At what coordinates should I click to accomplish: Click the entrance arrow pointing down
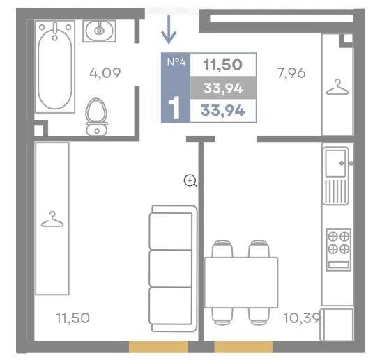click(169, 29)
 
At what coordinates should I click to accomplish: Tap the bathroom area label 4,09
click(105, 73)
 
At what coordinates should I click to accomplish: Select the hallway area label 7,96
click(291, 73)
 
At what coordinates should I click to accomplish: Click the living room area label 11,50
click(72, 318)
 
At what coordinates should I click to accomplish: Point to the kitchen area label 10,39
click(302, 318)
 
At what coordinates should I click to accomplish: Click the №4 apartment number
click(176, 62)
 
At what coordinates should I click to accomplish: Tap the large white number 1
click(174, 107)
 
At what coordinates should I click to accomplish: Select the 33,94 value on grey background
click(223, 88)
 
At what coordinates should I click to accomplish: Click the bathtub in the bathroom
click(55, 66)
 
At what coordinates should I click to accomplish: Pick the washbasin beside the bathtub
click(99, 31)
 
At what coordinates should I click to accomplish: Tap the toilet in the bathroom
click(97, 117)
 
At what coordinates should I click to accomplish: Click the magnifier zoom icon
click(190, 181)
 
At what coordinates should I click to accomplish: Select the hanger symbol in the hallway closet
click(337, 87)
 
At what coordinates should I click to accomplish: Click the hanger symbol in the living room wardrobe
click(52, 219)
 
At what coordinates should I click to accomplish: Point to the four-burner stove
click(339, 249)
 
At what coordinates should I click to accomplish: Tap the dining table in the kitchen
click(241, 282)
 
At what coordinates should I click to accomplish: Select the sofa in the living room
click(173, 269)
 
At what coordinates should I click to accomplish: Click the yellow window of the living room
click(158, 347)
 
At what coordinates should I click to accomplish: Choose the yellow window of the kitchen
click(243, 347)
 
